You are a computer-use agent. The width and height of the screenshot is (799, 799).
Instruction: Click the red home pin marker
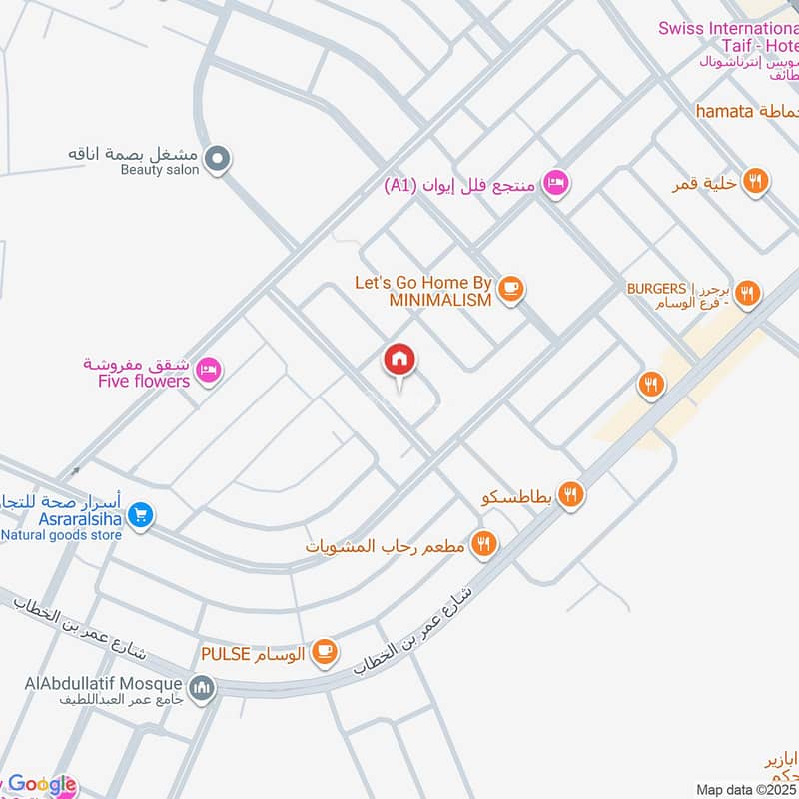point(399,360)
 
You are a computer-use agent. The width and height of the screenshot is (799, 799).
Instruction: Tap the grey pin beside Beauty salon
point(217,157)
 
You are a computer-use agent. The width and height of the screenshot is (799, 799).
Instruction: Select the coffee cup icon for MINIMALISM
point(511,289)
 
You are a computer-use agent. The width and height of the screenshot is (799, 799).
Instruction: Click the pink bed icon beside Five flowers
point(209,370)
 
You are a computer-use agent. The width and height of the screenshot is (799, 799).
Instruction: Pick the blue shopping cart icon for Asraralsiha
point(141,515)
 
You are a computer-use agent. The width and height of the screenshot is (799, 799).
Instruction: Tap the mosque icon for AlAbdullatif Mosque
point(203,688)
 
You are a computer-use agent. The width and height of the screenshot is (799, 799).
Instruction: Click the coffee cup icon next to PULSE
point(324,653)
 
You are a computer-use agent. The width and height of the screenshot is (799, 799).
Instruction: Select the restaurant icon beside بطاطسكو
point(570,494)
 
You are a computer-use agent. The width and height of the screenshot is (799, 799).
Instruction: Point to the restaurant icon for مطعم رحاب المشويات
point(484,544)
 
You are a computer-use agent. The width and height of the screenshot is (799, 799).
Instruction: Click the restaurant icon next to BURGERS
point(746,294)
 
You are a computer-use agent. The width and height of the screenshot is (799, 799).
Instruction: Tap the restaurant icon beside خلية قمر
point(755,182)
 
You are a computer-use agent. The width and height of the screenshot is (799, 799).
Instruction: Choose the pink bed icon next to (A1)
point(556,183)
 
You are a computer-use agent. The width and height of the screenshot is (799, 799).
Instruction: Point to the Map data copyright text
point(747,789)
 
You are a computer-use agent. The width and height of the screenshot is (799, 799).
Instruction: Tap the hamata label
point(723,111)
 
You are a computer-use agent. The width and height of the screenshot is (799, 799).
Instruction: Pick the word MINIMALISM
point(440,300)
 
